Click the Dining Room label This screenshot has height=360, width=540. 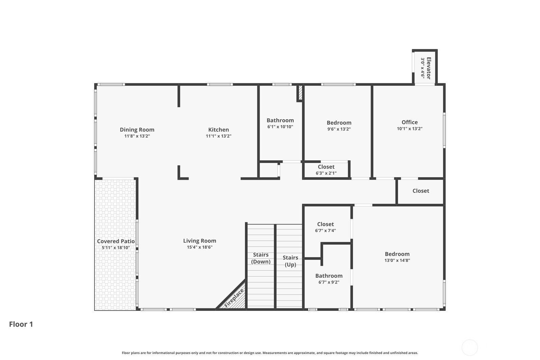tap(137, 130)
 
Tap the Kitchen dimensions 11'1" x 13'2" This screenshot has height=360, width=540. tap(218, 136)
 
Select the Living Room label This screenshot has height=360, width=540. tap(199, 241)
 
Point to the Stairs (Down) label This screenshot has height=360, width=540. tap(261, 258)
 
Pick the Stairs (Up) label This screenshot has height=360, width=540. tap(291, 261)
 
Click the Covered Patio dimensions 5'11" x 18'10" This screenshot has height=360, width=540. tap(116, 248)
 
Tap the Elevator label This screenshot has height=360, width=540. tap(429, 68)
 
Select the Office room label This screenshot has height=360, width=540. tap(410, 122)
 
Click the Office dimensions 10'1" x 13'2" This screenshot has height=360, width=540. tap(410, 129)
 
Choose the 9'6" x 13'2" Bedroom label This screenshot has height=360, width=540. tap(339, 123)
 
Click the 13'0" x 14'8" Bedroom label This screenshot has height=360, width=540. tap(397, 254)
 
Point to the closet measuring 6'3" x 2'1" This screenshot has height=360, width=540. tap(326, 167)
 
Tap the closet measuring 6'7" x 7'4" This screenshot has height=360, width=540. tap(325, 224)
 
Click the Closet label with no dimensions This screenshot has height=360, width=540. tap(421, 191)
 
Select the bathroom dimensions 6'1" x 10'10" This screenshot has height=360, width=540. tap(280, 127)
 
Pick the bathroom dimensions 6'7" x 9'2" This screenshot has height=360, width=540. tap(329, 282)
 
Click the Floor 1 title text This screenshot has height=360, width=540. tap(21, 324)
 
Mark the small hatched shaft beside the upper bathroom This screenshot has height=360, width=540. tap(300, 92)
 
